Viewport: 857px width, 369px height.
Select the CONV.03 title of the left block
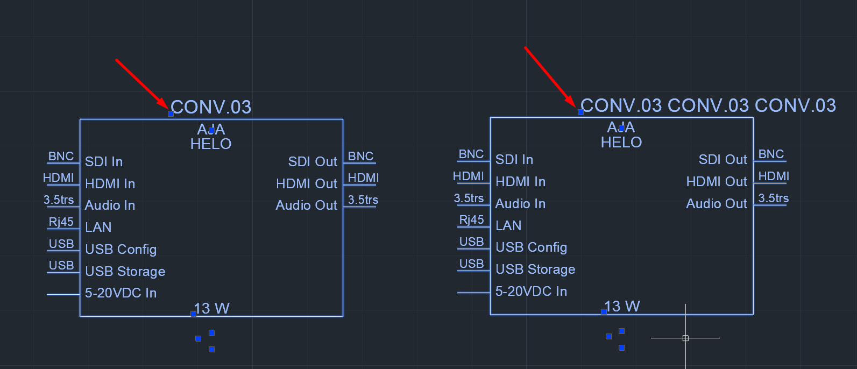click(211, 107)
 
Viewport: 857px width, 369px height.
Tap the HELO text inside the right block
click(621, 143)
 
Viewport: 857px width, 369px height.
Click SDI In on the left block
click(104, 162)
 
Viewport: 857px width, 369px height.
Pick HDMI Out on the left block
click(306, 184)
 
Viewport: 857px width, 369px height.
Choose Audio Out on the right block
click(717, 204)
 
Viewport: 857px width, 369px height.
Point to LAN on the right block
click(508, 226)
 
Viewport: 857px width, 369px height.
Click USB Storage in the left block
click(125, 272)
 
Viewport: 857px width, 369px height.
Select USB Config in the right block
click(531, 247)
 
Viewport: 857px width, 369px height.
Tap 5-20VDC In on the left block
click(121, 293)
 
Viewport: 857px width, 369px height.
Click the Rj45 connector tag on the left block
click(61, 222)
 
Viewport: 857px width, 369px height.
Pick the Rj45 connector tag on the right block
click(471, 220)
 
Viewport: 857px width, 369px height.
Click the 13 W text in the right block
click(622, 307)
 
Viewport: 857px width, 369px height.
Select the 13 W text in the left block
click(212, 309)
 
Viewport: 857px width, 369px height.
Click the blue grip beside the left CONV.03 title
click(171, 113)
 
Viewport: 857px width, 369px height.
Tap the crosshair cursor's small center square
click(685, 338)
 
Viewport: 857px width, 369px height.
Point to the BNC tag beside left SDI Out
click(360, 157)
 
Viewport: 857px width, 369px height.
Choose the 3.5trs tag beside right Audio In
click(469, 198)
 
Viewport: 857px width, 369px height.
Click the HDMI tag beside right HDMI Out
click(774, 176)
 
